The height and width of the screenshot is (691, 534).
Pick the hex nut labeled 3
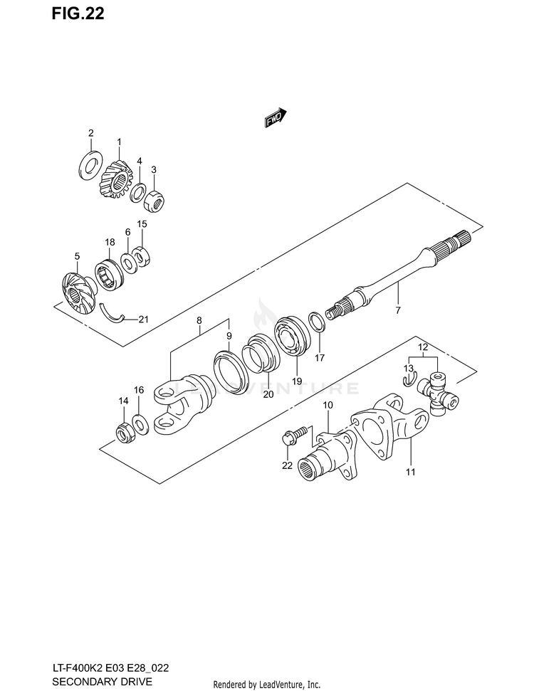pyautogui.click(x=155, y=201)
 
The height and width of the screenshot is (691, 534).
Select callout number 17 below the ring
pyautogui.click(x=320, y=357)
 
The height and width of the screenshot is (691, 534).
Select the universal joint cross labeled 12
pyautogui.click(x=437, y=394)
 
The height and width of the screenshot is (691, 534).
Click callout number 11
pyautogui.click(x=411, y=471)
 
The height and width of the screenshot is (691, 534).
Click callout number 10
pyautogui.click(x=328, y=405)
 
